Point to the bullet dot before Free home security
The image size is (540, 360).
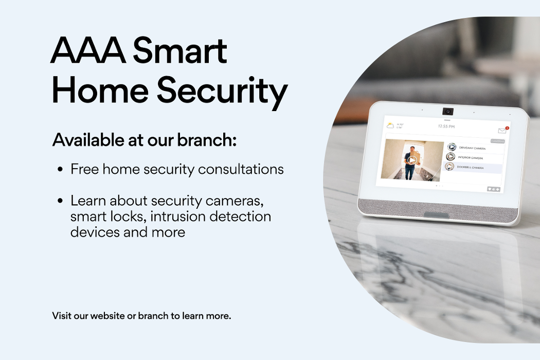(61, 170)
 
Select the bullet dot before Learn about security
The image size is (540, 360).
(61, 201)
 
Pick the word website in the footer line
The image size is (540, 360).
(107, 315)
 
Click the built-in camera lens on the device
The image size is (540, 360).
(447, 111)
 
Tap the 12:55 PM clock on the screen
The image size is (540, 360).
(446, 126)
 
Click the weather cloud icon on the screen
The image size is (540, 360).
(390, 125)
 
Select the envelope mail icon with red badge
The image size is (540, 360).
(502, 131)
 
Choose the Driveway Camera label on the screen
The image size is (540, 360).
(472, 148)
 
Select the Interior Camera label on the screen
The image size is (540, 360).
(471, 157)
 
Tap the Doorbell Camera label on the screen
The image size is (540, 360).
(470, 167)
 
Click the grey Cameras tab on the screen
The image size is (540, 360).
(497, 140)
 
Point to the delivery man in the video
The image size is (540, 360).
(411, 161)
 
